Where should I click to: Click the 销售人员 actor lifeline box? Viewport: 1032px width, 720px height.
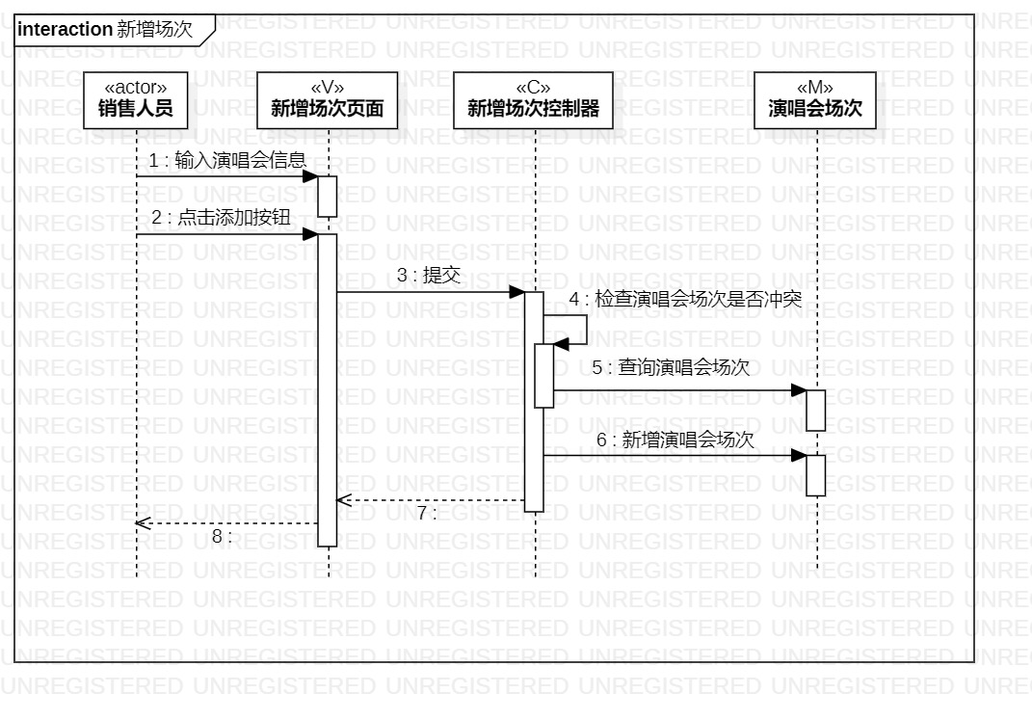[x=136, y=100]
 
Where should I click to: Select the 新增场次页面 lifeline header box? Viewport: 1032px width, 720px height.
[x=328, y=100]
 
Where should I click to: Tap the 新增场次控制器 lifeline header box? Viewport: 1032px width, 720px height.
[x=534, y=100]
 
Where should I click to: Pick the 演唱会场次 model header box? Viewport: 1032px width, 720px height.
[x=815, y=100]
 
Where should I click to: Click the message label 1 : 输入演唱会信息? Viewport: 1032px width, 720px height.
[x=227, y=161]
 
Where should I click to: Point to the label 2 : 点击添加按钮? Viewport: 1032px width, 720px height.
[x=221, y=218]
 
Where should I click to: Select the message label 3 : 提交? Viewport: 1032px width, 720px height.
[x=429, y=276]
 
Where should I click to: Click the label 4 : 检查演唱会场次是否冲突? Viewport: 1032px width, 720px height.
[x=685, y=300]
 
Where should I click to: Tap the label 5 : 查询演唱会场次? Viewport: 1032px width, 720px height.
[x=671, y=367]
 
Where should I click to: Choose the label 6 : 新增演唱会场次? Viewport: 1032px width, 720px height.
[x=675, y=440]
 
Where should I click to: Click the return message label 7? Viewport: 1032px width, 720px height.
[x=426, y=513]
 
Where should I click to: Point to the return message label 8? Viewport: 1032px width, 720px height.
[x=222, y=536]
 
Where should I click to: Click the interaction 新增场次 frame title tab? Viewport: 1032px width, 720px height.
[x=105, y=30]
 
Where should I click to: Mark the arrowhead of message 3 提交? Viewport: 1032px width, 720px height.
[x=517, y=292]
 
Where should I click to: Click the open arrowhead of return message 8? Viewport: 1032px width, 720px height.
[x=142, y=523]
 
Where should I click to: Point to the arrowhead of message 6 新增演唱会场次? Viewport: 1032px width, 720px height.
[x=799, y=455]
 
